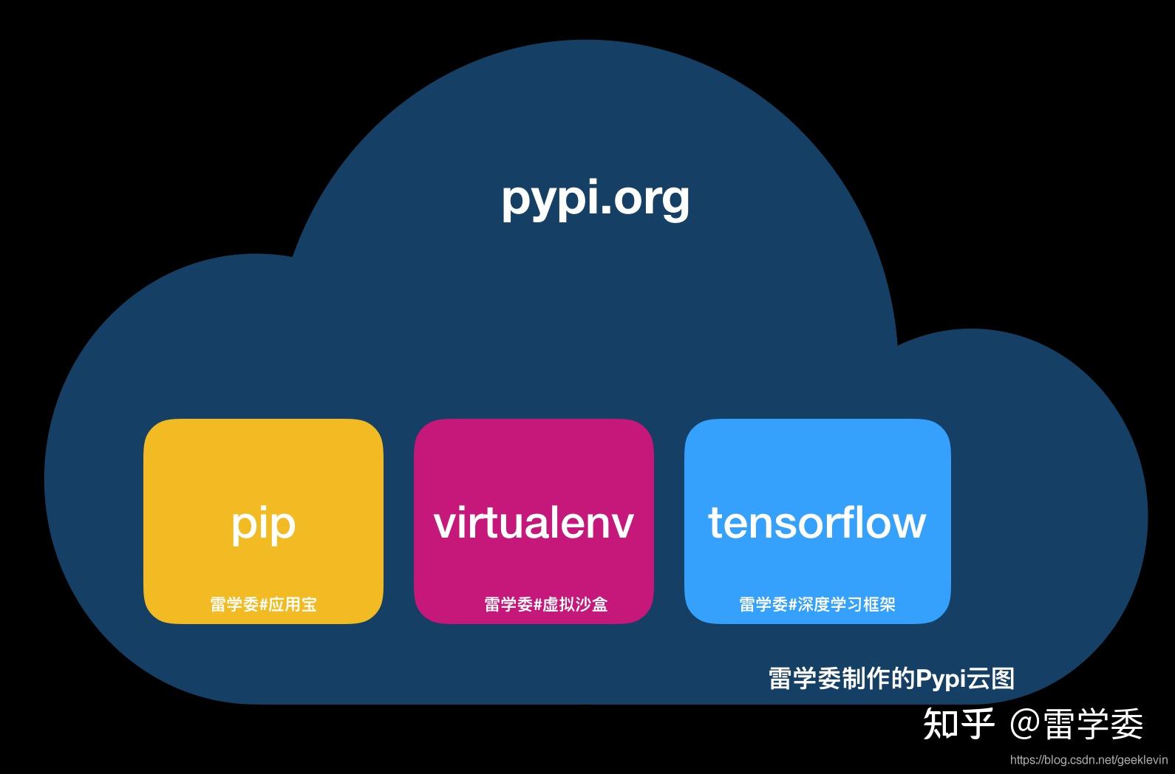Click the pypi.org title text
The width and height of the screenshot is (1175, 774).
click(x=595, y=198)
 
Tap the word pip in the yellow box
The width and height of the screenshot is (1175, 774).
click(x=263, y=524)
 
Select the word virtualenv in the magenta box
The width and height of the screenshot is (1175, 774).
click(x=534, y=523)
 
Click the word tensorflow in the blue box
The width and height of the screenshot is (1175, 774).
click(x=817, y=523)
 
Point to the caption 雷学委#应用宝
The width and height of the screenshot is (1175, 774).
click(x=263, y=604)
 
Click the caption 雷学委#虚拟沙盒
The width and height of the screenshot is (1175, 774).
click(x=545, y=604)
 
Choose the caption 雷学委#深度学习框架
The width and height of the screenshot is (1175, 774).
click(x=817, y=604)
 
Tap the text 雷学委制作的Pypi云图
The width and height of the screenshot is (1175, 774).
click(x=891, y=678)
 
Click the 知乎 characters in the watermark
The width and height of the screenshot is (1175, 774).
click(x=958, y=723)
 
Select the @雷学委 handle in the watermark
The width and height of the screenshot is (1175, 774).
click(x=1076, y=723)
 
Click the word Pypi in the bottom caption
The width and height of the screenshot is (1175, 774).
click(x=941, y=678)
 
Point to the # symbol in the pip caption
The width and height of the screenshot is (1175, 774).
click(x=264, y=605)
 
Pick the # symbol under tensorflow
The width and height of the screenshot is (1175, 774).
click(x=793, y=605)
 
